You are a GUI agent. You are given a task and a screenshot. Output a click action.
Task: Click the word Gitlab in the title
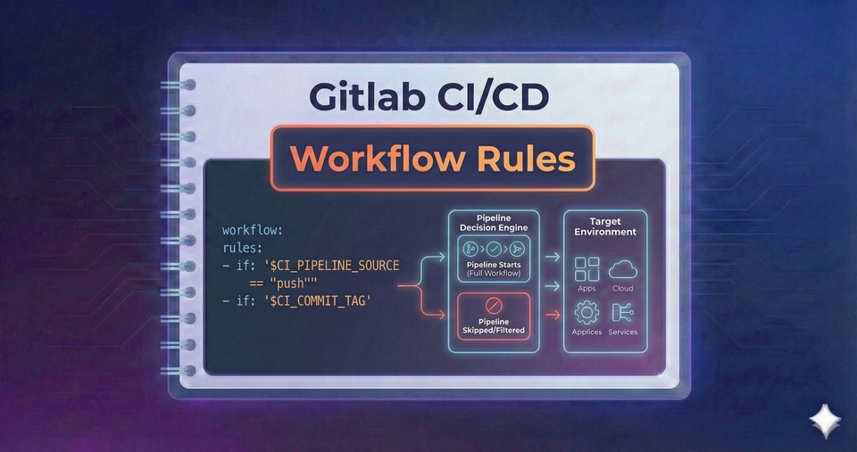368,95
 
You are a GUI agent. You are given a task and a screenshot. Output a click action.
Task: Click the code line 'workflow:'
253,230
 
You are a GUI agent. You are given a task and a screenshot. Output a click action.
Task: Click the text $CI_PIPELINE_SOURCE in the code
331,266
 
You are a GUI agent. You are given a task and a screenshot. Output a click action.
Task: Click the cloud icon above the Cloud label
621,268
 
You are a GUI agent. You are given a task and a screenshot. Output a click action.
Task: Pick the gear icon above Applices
587,312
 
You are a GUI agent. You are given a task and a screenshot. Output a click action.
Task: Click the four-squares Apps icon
587,268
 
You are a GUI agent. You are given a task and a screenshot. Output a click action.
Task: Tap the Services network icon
621,312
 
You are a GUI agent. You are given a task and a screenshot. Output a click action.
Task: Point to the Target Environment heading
604,226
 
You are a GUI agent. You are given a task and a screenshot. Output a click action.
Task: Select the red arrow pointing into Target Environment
553,314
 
